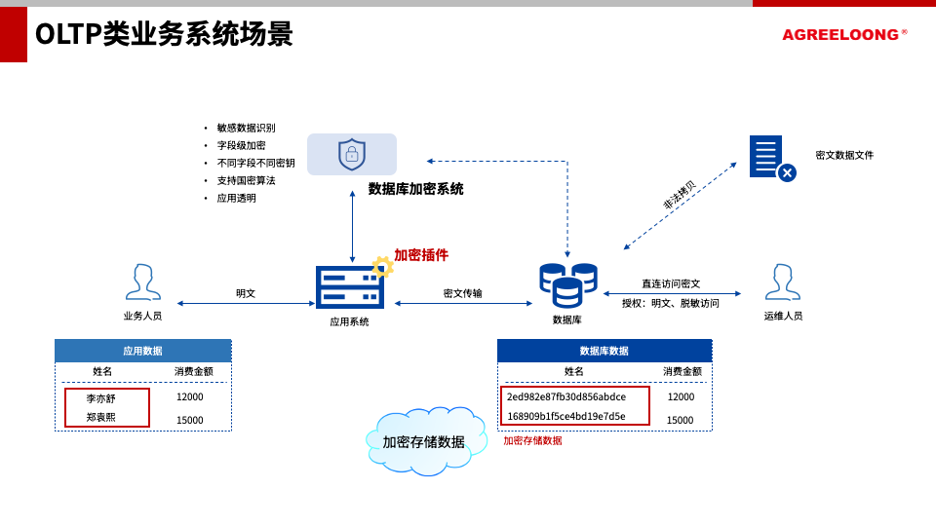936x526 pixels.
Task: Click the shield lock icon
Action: pyautogui.click(x=352, y=154)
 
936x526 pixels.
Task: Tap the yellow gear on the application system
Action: pyautogui.click(x=382, y=267)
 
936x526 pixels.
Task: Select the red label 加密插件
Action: pyautogui.click(x=421, y=255)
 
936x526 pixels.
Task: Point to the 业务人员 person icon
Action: pyautogui.click(x=143, y=282)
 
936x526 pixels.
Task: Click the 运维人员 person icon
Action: pyautogui.click(x=782, y=282)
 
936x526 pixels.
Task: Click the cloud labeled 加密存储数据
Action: pyautogui.click(x=425, y=441)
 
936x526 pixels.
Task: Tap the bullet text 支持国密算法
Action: pyautogui.click(x=246, y=180)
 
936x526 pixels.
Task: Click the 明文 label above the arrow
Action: pyautogui.click(x=246, y=293)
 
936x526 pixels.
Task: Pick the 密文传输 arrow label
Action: pyautogui.click(x=462, y=293)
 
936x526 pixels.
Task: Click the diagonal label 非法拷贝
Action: pyautogui.click(x=680, y=195)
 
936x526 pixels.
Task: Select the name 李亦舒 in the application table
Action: pyautogui.click(x=100, y=398)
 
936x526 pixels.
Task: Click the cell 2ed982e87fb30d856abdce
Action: pyautogui.click(x=566, y=396)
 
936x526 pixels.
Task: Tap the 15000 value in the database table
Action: pyautogui.click(x=681, y=420)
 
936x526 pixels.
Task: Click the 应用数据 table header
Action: pyautogui.click(x=142, y=351)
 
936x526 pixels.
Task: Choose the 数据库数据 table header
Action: pyautogui.click(x=604, y=351)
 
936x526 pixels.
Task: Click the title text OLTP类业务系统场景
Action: pyautogui.click(x=163, y=34)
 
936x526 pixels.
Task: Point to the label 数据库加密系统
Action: pyautogui.click(x=415, y=189)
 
